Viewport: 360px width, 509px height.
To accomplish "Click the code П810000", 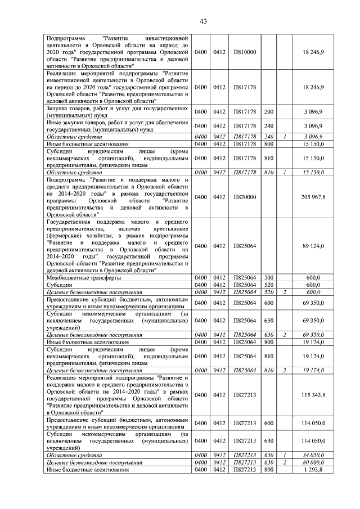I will point(244,52).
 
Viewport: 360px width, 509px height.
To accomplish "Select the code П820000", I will point(244,197).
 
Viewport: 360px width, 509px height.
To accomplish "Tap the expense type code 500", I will point(268,278).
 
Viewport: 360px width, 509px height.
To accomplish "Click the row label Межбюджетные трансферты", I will point(83,278).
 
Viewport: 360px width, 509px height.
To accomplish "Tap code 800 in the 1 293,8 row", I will point(268,469).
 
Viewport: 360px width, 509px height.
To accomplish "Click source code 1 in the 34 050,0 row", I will point(285,454).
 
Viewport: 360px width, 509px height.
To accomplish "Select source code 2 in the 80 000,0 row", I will point(285,462).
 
